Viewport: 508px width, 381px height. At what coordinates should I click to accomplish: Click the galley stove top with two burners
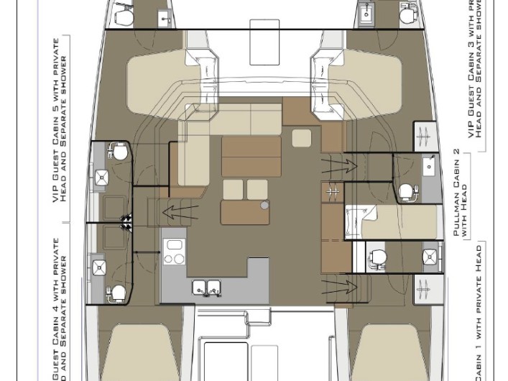(175, 252)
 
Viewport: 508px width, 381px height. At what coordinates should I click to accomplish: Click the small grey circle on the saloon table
(264, 205)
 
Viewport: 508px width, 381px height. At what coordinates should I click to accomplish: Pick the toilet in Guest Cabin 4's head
(119, 292)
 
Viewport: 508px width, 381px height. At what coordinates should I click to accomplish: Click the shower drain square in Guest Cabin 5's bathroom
(101, 177)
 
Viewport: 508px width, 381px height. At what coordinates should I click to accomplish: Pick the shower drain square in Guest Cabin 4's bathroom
(99, 267)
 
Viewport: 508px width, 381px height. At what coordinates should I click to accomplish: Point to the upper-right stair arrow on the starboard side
(338, 167)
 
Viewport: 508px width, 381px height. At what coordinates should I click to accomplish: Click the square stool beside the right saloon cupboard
(302, 138)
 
